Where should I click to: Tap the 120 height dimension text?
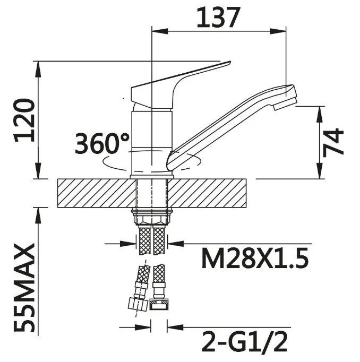tap(24, 120)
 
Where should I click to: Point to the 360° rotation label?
tap(102, 143)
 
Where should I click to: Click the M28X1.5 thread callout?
tap(255, 258)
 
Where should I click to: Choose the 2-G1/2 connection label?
tap(245, 341)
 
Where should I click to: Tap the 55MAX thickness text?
tap(24, 288)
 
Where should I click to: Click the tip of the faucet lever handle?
tap(230, 62)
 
